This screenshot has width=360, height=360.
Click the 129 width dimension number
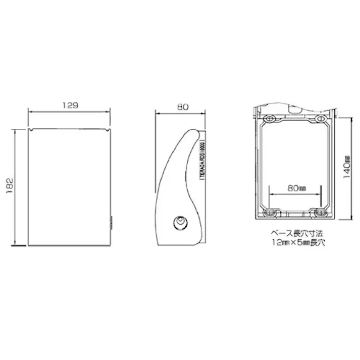click(70, 106)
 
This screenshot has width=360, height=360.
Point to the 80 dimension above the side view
click(183, 107)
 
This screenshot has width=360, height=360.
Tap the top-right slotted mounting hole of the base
click(320, 118)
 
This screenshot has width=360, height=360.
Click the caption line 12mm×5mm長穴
click(297, 243)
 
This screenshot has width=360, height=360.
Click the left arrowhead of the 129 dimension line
click(30, 112)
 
